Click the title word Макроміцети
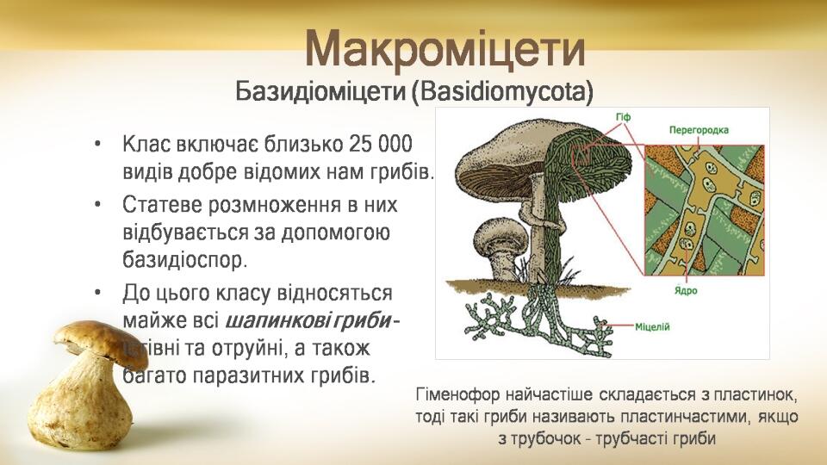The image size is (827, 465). point(445,49)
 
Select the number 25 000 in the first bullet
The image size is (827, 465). point(380,144)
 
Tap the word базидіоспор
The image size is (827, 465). point(184,260)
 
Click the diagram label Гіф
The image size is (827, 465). point(623,117)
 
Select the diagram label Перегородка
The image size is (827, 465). point(699,130)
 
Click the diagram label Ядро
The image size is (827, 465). point(686,290)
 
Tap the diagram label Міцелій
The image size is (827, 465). point(652,327)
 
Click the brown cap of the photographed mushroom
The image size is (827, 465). point(100,342)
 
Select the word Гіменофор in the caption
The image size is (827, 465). point(457,394)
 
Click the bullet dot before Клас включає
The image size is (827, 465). point(97,145)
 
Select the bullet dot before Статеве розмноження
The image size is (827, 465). point(97,205)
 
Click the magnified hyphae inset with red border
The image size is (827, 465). point(705,210)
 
